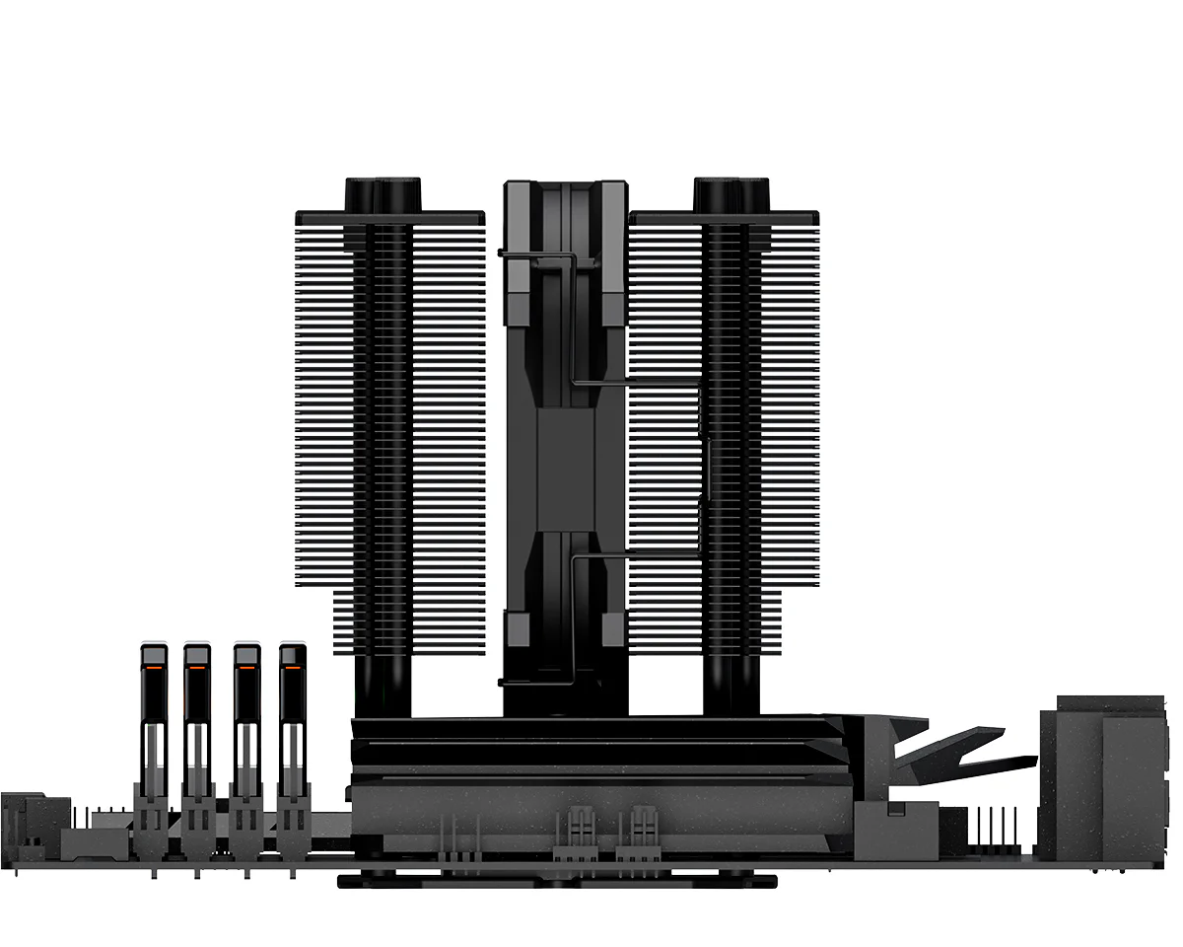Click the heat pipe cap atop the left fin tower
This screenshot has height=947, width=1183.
tap(383, 193)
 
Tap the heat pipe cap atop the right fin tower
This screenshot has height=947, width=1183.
tap(731, 193)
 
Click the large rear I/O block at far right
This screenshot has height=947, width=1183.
tap(1094, 779)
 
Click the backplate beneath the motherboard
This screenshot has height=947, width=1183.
tap(557, 880)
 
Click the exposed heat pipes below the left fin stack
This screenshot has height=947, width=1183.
tap(383, 686)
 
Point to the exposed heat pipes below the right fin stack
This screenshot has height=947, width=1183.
tap(731, 686)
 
